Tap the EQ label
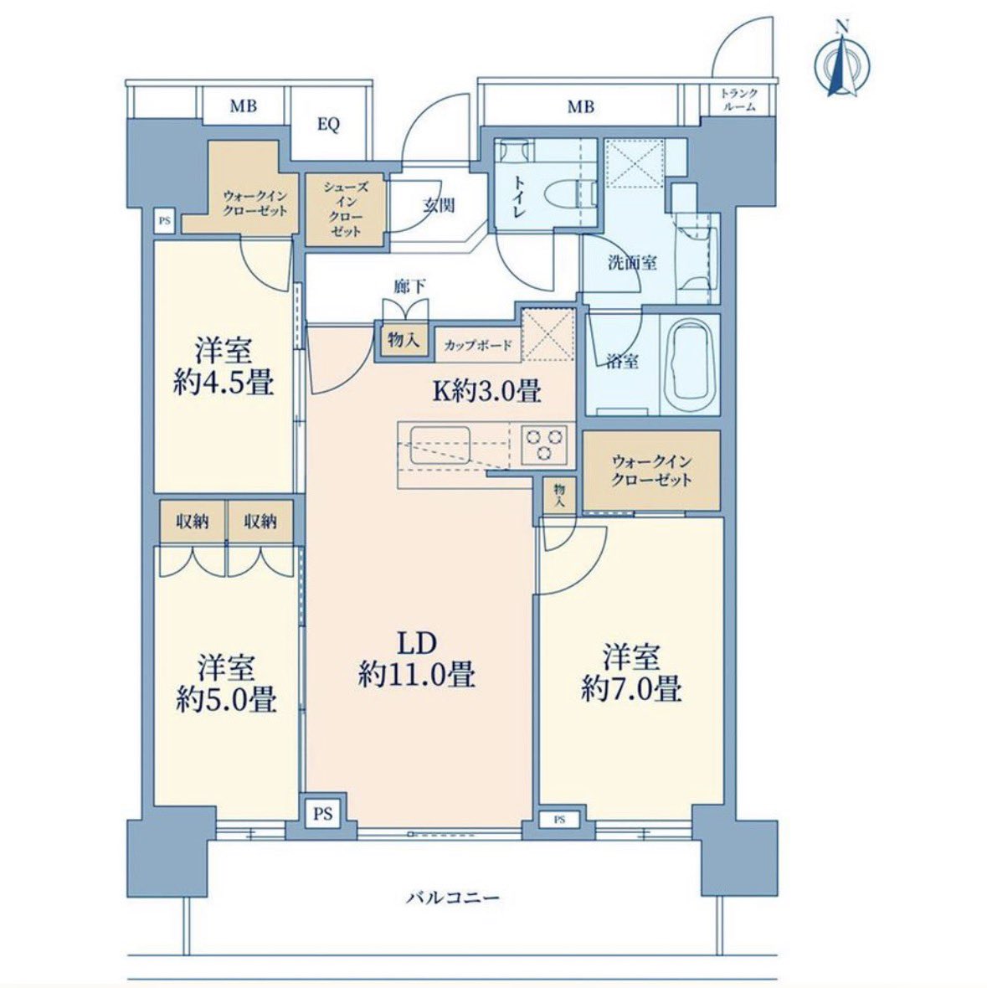click(328, 124)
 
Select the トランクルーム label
click(739, 100)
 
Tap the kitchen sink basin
click(440, 445)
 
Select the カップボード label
click(478, 345)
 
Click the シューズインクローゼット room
click(345, 209)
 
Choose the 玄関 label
click(439, 205)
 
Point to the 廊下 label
click(410, 287)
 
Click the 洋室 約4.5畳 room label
click(224, 366)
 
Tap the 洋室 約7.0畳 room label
click(631, 672)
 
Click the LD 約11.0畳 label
click(416, 659)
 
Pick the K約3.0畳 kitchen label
click(486, 391)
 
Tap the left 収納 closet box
click(193, 521)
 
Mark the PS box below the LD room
click(322, 814)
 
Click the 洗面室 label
click(632, 262)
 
